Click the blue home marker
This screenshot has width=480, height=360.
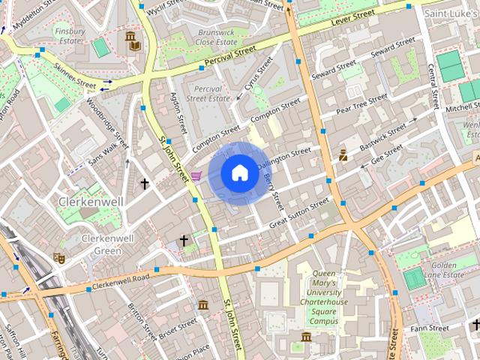tap(239, 173)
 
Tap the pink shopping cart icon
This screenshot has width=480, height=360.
tap(196, 175)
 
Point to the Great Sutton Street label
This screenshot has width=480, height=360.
tap(299, 212)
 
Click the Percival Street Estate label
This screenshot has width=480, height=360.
tap(208, 94)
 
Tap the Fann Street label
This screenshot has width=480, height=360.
tap(430, 328)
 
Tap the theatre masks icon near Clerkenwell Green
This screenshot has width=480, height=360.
tap(59, 258)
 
